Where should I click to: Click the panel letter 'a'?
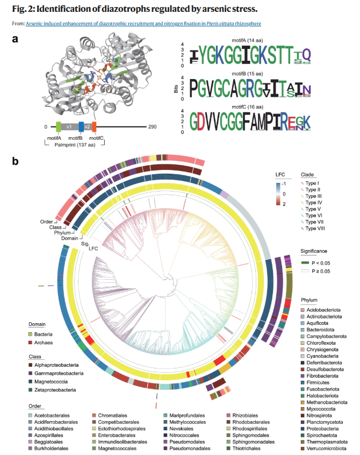click(15, 39)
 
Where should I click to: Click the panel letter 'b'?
click(16, 161)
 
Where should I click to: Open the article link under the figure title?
click(143, 24)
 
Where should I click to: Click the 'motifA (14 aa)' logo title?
click(247, 40)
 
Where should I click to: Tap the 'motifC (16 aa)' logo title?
click(247, 107)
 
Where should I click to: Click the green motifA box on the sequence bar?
click(58, 127)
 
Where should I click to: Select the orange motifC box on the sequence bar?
click(94, 127)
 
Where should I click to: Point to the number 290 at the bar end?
click(152, 127)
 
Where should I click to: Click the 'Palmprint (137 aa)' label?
click(75, 145)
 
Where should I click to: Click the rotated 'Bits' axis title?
click(176, 89)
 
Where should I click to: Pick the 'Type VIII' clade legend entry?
click(315, 229)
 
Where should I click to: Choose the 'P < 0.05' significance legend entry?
click(321, 263)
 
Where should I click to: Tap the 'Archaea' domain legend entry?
click(44, 343)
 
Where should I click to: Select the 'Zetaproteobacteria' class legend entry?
click(55, 390)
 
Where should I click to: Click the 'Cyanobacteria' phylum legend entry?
click(322, 356)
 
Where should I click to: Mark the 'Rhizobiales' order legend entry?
click(245, 416)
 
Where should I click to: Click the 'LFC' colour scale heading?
click(280, 175)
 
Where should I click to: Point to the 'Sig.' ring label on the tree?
click(85, 244)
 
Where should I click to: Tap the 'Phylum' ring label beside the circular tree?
click(62, 233)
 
